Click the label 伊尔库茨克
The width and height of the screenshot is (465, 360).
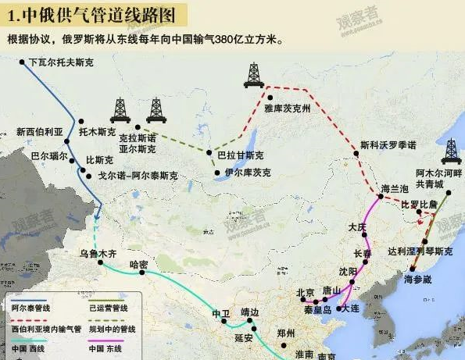coord(248,172)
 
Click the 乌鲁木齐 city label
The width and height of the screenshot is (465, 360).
coord(98,254)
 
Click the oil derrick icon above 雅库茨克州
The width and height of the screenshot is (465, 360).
coord(253,74)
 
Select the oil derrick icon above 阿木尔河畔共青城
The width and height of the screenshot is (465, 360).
coord(450,152)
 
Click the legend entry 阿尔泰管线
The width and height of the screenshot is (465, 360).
coord(28,309)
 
